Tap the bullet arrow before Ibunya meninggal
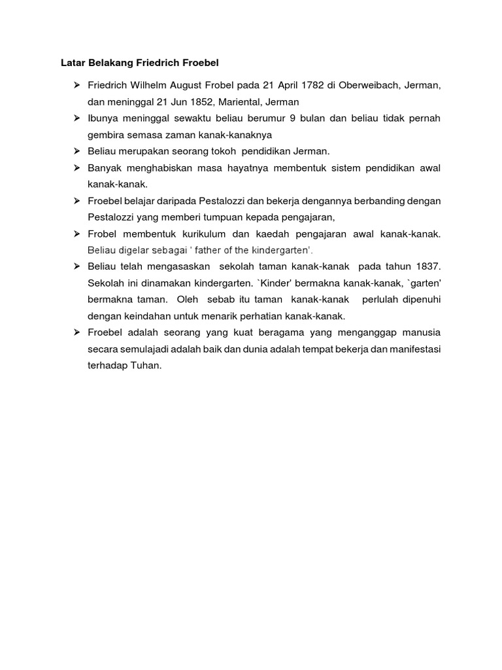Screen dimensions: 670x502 coord(76,118)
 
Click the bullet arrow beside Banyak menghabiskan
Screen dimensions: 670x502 coord(76,168)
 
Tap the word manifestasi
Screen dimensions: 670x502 coord(411,349)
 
